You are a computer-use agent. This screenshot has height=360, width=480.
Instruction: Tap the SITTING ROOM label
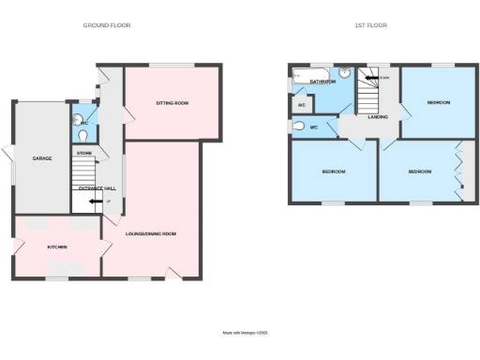coord(172,102)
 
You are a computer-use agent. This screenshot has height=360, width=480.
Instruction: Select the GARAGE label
coord(41,158)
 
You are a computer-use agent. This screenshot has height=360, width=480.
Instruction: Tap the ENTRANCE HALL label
coord(97,188)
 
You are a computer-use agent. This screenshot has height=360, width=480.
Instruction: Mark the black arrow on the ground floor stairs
coord(95,201)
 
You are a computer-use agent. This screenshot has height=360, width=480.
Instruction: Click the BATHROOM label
coord(323,82)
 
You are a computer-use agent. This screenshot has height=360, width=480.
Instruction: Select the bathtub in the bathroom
coord(308,73)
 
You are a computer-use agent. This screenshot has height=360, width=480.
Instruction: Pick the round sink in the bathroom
coord(344,72)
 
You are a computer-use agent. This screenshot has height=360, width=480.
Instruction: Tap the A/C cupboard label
coord(301,105)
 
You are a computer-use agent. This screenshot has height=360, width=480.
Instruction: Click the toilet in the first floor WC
coord(299,127)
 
